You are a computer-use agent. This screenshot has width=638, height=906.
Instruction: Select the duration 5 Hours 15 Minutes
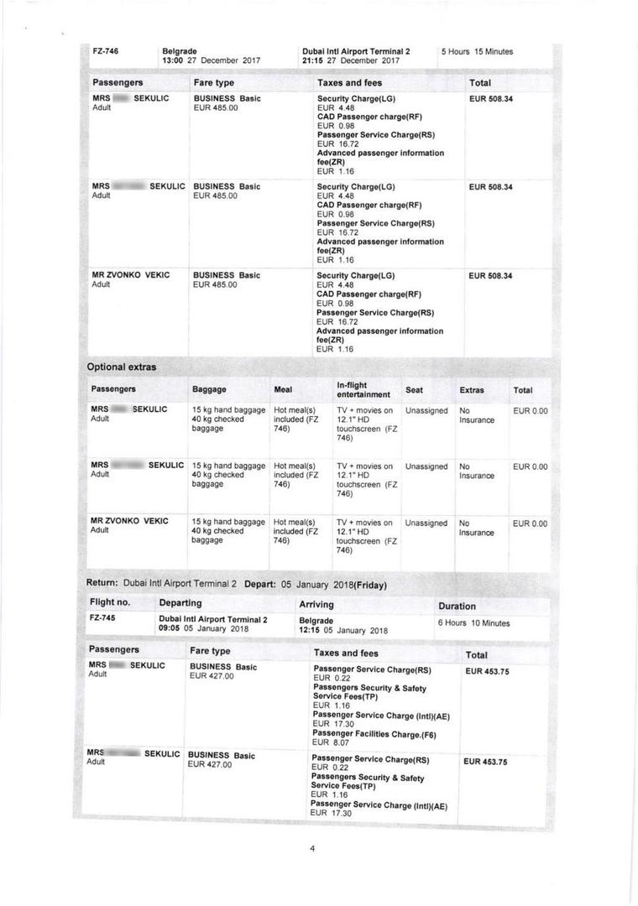pyautogui.click(x=477, y=52)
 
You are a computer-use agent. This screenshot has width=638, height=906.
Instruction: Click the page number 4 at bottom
pyautogui.click(x=312, y=848)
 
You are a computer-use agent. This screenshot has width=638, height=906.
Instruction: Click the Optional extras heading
pyautogui.click(x=122, y=367)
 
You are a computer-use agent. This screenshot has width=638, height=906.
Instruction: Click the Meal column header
pyautogui.click(x=283, y=390)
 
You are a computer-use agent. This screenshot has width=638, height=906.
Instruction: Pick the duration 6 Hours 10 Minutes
pyautogui.click(x=473, y=623)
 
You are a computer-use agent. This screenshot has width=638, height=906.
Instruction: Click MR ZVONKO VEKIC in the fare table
pyautogui.click(x=130, y=275)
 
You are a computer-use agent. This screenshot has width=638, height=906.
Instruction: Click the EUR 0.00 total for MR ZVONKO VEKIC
pyautogui.click(x=530, y=523)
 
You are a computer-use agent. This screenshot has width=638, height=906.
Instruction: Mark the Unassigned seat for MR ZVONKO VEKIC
pyautogui.click(x=426, y=523)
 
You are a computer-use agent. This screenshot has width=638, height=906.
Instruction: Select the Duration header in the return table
pyautogui.click(x=457, y=606)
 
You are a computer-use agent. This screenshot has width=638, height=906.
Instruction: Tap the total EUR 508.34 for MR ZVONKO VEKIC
pyautogui.click(x=490, y=276)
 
